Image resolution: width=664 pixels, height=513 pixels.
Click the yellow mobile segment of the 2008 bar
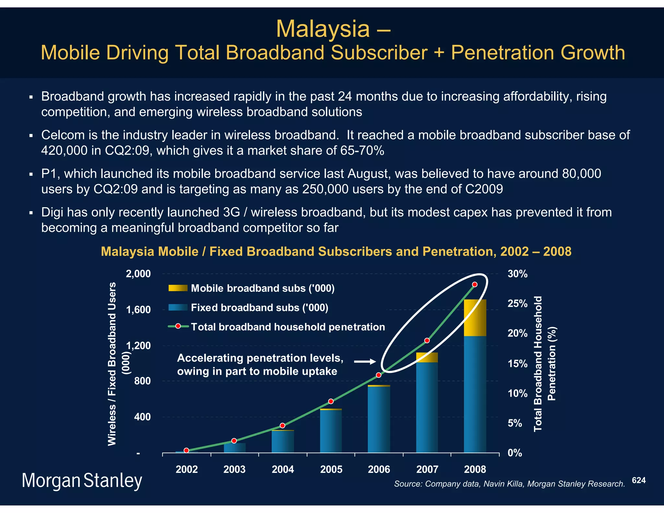point(475,317)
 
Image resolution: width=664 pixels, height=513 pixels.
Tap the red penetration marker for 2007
point(427,340)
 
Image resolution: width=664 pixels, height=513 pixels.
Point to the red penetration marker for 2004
point(282,425)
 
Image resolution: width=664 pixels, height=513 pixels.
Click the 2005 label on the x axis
point(331,469)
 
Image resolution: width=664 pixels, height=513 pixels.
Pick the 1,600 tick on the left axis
point(138,310)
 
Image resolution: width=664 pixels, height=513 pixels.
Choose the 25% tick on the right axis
point(517,304)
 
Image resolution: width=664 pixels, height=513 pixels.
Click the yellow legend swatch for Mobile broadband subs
point(178,288)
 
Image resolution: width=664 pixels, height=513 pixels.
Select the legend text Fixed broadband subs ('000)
point(259,307)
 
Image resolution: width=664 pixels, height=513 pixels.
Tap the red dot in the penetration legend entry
point(178,326)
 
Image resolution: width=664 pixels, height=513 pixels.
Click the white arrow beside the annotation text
point(364,361)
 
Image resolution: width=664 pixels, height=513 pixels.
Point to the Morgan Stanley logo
point(82,481)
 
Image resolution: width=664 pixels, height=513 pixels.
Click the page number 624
point(639,480)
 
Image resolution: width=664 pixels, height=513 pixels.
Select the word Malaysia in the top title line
point(323,29)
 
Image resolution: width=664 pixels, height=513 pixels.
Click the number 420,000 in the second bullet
point(64,150)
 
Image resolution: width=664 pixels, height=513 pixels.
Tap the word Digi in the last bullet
point(52,212)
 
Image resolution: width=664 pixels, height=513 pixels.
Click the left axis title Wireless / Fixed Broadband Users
point(112,364)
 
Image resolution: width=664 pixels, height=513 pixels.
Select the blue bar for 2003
point(235,448)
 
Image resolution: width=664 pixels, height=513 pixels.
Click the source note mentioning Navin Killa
point(509,484)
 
